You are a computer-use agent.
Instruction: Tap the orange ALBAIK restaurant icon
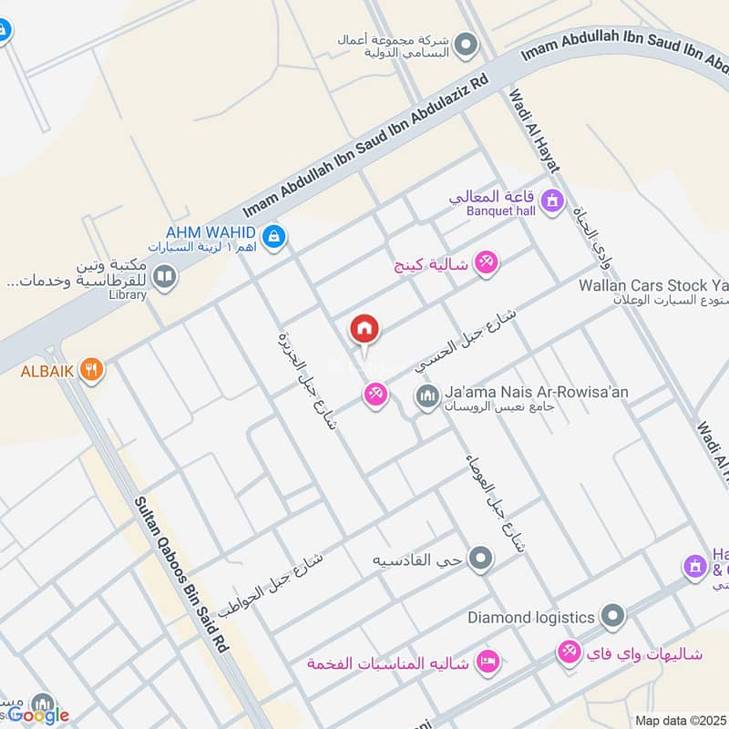[91, 370]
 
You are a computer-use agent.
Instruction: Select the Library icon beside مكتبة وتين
[164, 276]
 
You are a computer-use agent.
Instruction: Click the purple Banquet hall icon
[551, 200]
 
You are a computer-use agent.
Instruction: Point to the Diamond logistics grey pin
[613, 617]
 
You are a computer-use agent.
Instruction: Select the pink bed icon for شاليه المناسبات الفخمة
[488, 662]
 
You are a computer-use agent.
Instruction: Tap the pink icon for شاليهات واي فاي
[570, 652]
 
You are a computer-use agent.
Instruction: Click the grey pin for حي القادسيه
[480, 558]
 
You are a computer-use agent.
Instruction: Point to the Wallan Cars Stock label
[653, 285]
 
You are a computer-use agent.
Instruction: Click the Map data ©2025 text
[680, 720]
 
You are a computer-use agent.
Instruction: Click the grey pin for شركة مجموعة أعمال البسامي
[467, 43]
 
